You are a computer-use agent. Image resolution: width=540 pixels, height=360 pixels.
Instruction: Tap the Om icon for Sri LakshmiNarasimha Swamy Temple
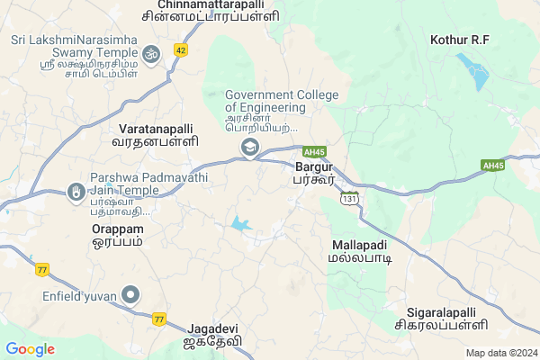pyautogui.click(x=151, y=54)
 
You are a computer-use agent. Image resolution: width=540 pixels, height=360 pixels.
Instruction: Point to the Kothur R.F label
pyautogui.click(x=459, y=40)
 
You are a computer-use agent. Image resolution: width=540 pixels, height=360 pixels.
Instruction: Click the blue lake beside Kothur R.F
pyautogui.click(x=472, y=72)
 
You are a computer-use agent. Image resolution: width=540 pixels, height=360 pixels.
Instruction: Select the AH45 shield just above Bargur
pyautogui.click(x=313, y=151)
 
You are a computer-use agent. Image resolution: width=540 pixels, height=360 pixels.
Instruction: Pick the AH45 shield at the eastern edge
pyautogui.click(x=493, y=166)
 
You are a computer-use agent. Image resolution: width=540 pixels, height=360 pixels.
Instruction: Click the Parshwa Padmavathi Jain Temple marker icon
pyautogui.click(x=76, y=192)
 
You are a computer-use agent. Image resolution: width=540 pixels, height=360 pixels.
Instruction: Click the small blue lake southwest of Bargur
pyautogui.click(x=240, y=223)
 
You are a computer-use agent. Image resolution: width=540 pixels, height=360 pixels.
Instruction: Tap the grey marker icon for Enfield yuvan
pyautogui.click(x=131, y=293)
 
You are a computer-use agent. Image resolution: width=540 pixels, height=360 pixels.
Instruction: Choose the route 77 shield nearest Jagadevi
pyautogui.click(x=159, y=319)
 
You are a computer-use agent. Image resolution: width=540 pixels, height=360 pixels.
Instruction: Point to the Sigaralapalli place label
pyautogui.click(x=441, y=317)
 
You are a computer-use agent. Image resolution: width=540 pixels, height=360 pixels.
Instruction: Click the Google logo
pyautogui.click(x=30, y=349)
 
